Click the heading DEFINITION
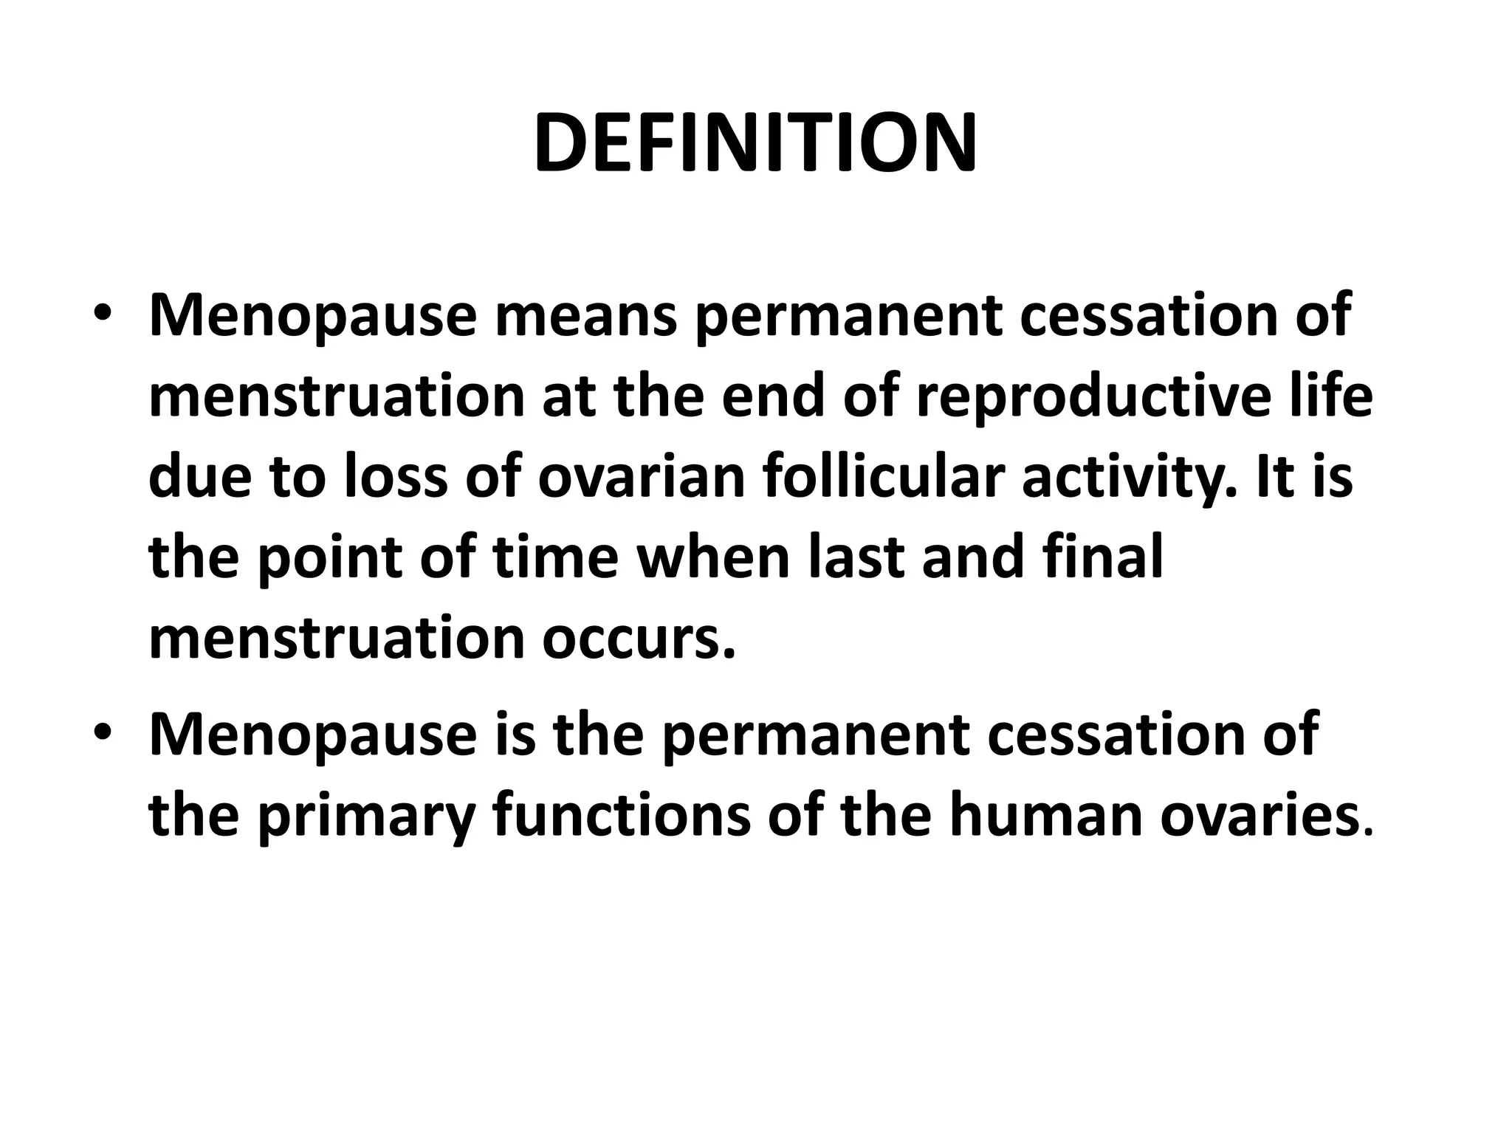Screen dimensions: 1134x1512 (x=755, y=143)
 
